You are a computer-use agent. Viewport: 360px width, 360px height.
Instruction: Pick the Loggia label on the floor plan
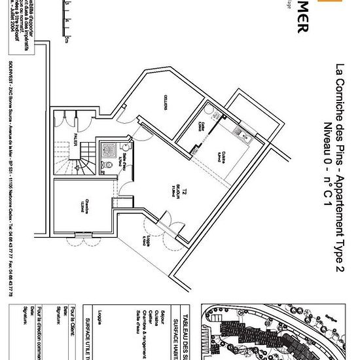point(142,240)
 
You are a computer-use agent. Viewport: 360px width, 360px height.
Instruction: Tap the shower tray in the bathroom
point(107,149)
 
